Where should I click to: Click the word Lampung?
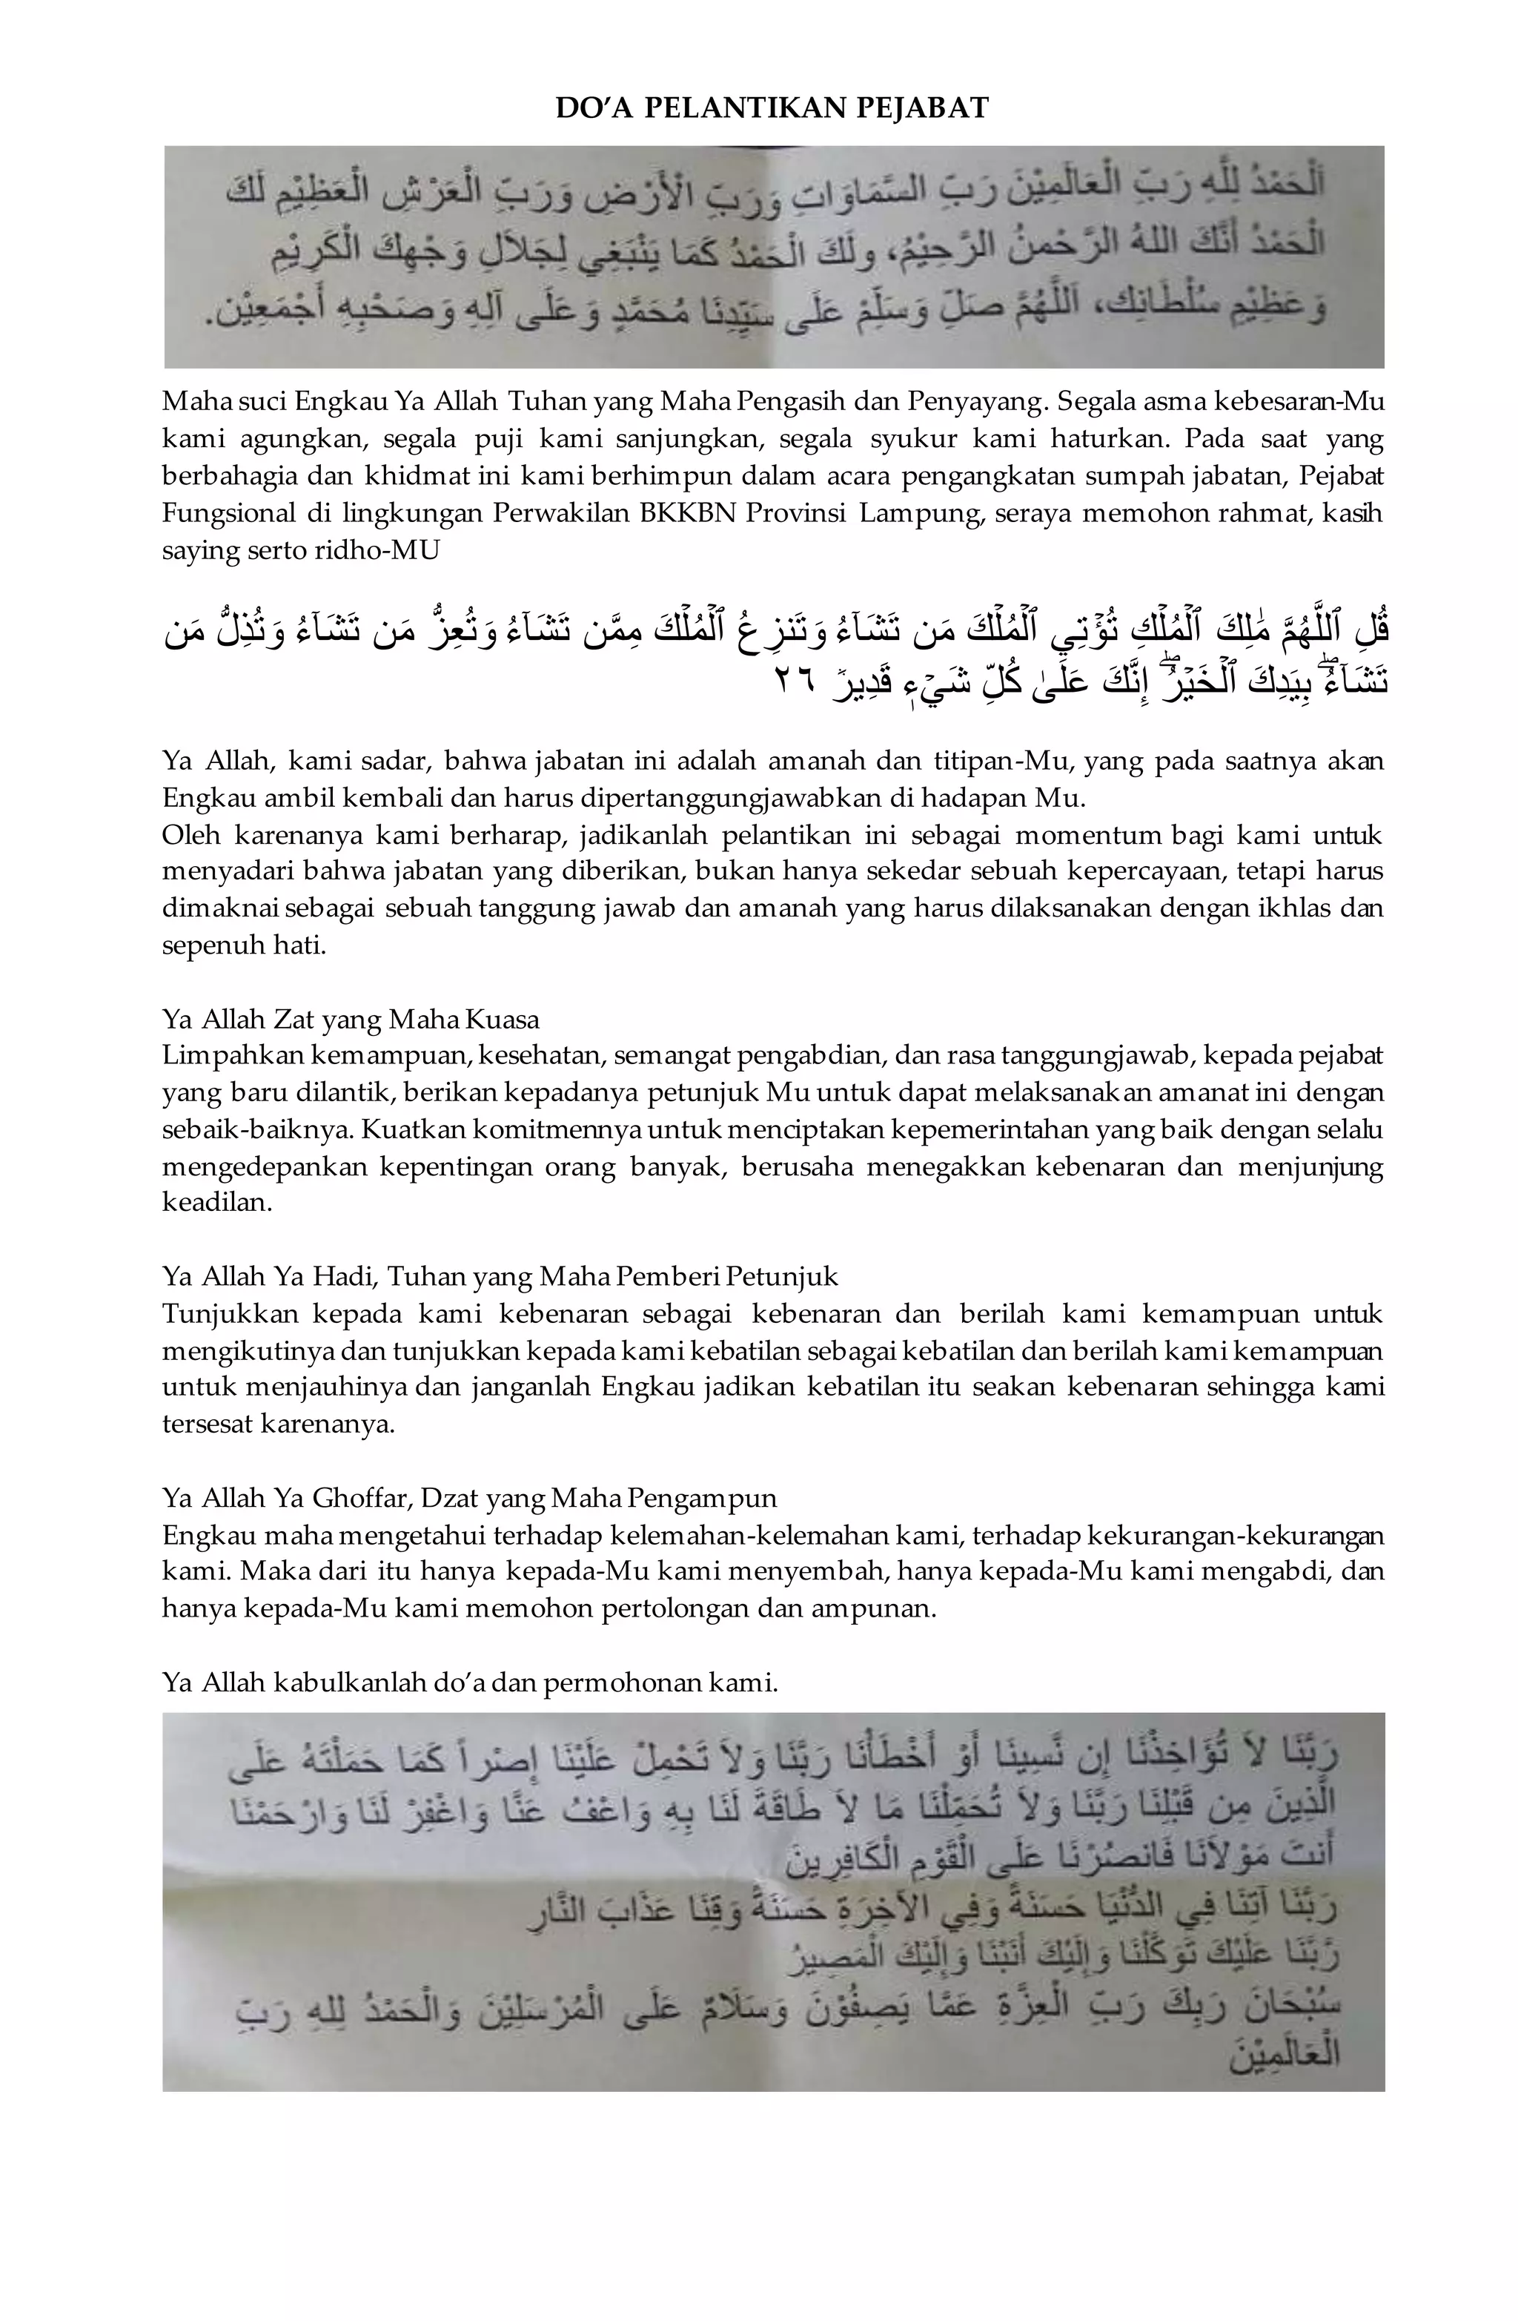click(x=921, y=513)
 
